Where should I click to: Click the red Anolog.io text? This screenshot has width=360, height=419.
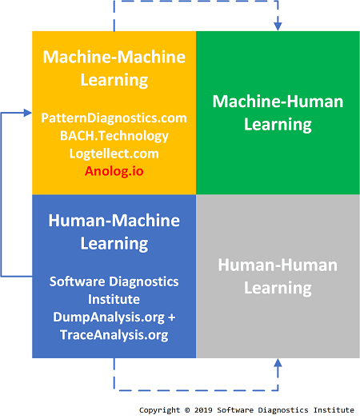[x=114, y=171]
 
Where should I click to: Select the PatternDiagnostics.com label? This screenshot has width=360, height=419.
[x=114, y=118]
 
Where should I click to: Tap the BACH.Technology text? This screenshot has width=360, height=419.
[x=114, y=136]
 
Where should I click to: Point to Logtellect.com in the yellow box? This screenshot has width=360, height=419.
[x=114, y=154]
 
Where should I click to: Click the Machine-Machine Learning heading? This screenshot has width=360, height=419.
[x=114, y=68]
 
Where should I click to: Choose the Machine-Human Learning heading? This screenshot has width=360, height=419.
[x=278, y=113]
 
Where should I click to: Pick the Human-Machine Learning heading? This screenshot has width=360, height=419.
[x=114, y=232]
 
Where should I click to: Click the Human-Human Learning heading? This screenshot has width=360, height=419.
[x=278, y=277]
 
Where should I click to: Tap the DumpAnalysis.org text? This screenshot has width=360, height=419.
[x=109, y=317]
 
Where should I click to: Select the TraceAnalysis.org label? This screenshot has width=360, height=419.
[x=114, y=335]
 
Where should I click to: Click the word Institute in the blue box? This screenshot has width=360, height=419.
[x=114, y=299]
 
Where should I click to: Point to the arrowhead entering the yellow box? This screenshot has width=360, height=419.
[x=28, y=113]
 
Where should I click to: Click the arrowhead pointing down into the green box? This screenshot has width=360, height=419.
[x=278, y=26]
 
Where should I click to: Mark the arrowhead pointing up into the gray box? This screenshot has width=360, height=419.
[x=278, y=362]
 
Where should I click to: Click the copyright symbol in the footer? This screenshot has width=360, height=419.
[x=187, y=410]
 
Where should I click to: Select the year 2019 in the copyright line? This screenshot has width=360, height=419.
[x=203, y=410]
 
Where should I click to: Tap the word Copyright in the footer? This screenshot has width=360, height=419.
[x=159, y=410]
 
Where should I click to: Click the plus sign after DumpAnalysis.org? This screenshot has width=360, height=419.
[x=172, y=317]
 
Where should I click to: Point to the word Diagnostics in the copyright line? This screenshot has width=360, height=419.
[x=283, y=410]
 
